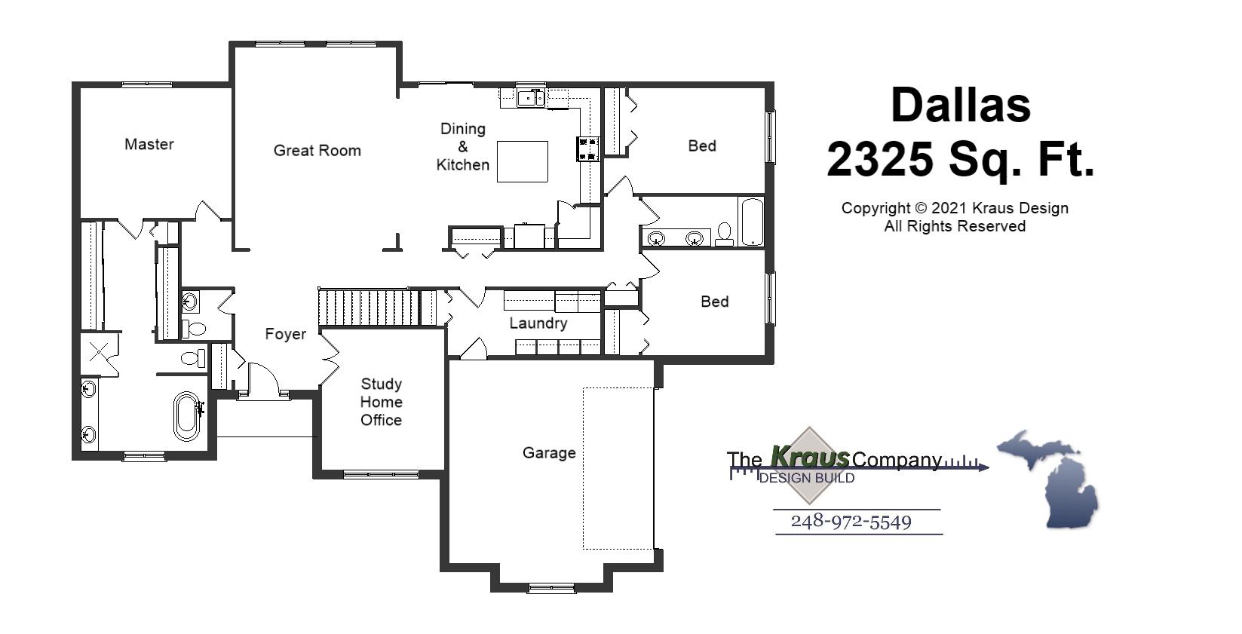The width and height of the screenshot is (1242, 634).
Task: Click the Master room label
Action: (149, 144)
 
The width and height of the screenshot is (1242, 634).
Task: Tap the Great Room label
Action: (317, 151)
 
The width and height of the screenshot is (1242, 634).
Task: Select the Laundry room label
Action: (538, 323)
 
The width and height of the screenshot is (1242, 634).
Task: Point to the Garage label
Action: (549, 453)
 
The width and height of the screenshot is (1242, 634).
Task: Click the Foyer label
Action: (285, 334)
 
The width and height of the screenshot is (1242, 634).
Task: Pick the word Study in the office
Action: (381, 384)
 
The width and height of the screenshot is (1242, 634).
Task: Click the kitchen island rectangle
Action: (522, 161)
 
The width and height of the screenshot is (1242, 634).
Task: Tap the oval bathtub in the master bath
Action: (186, 415)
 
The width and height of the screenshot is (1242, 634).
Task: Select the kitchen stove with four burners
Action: (588, 149)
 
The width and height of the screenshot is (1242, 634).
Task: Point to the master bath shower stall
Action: (100, 354)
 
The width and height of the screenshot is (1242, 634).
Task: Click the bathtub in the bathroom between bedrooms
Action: (752, 222)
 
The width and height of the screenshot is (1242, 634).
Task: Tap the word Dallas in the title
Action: (960, 105)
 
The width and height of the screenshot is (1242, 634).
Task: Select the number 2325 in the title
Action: (879, 159)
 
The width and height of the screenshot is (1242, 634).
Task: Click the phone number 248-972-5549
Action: (851, 522)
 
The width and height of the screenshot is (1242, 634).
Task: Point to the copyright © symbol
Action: (919, 208)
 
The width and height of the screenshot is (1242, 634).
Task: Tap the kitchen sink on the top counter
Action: (531, 97)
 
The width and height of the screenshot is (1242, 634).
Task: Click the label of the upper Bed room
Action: (701, 145)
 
